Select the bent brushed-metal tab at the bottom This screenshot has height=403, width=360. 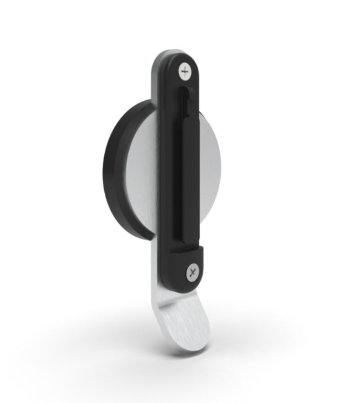click(181, 318)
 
